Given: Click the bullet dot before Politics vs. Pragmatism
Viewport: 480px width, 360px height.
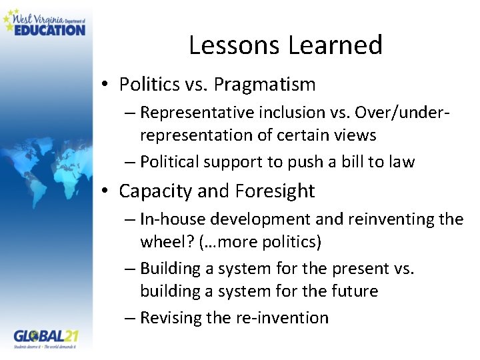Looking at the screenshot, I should point(106,85).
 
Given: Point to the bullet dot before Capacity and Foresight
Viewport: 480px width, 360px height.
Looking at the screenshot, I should point(106,191).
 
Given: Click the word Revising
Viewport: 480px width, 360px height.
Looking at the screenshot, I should point(171,317).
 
